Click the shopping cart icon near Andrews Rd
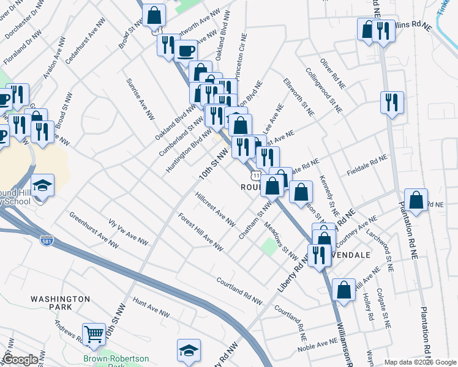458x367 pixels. click(x=94, y=334)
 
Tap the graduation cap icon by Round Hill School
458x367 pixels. click(x=43, y=185)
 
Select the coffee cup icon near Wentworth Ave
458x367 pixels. click(x=186, y=51)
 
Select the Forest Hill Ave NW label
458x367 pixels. click(x=200, y=231)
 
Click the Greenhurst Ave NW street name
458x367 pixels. click(x=94, y=229)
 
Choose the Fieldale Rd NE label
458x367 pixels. click(x=367, y=165)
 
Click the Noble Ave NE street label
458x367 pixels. click(x=318, y=348)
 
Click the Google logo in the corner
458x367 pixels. click(x=20, y=360)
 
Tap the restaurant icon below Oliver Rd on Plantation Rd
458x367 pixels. click(x=391, y=102)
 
